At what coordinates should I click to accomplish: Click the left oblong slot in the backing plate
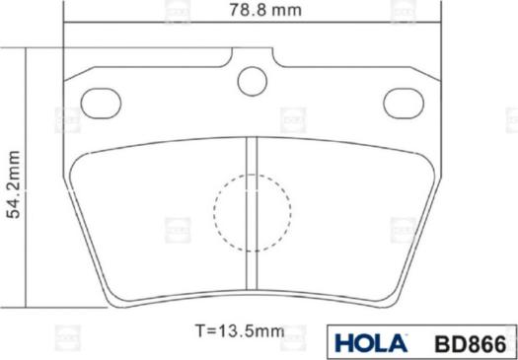100,102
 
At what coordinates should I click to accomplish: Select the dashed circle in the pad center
253,212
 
